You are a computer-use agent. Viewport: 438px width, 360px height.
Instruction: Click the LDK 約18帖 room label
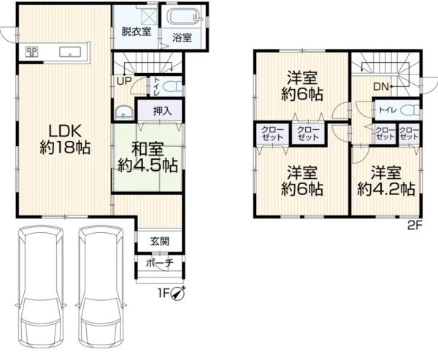(x=65, y=139)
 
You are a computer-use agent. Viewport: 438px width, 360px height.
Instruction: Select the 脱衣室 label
(x=137, y=31)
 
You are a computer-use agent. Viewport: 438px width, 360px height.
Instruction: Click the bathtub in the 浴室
(x=184, y=18)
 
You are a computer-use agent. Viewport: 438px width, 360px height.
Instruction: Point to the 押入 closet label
(x=162, y=111)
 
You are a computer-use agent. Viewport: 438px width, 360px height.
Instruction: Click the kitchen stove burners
(x=32, y=52)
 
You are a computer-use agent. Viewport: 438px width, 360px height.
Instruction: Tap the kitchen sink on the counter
(x=70, y=52)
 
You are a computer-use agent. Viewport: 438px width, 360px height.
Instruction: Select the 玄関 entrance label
(x=160, y=241)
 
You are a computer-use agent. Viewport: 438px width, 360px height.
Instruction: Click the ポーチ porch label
(x=160, y=263)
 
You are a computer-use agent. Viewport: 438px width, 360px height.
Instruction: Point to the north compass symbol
(x=178, y=294)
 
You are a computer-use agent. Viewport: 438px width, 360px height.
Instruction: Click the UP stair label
(x=124, y=81)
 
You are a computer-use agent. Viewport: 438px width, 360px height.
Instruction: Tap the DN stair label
(x=381, y=87)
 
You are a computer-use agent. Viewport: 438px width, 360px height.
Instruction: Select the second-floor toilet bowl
(x=410, y=110)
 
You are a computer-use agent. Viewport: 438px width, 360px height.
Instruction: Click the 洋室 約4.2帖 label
(x=386, y=181)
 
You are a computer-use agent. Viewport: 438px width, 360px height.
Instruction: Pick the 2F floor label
(x=415, y=226)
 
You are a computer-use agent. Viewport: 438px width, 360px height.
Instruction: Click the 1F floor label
(x=164, y=294)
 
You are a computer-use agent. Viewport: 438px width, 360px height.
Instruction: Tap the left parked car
(x=41, y=286)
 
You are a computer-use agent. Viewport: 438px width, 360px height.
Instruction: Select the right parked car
(x=101, y=286)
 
